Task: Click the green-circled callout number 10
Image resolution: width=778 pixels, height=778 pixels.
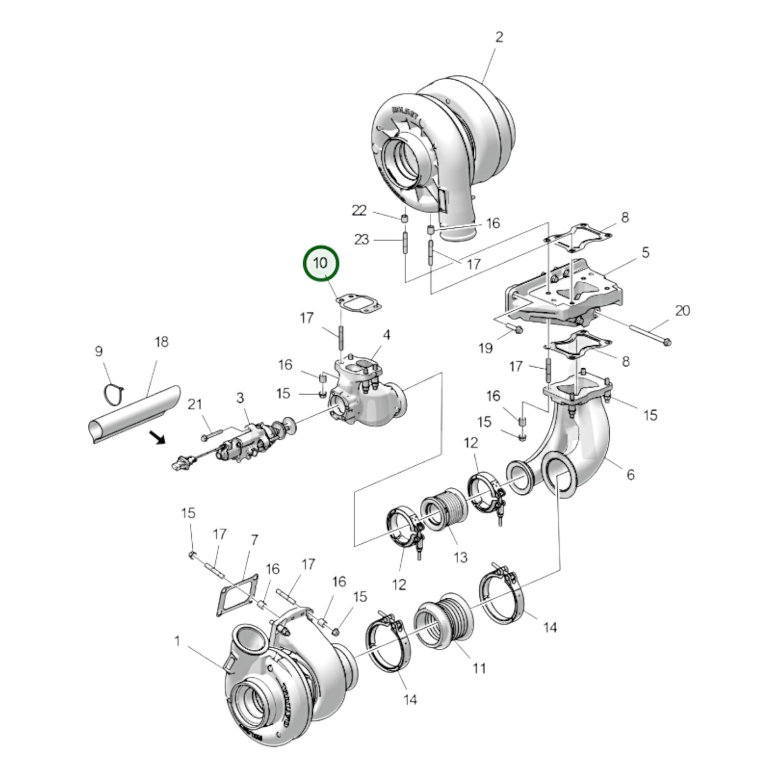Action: pyautogui.click(x=320, y=263)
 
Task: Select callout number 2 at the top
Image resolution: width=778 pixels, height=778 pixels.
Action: pyautogui.click(x=499, y=37)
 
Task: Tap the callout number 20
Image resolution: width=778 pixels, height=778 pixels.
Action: pyautogui.click(x=682, y=311)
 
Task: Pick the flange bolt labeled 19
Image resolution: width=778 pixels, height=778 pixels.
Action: pyautogui.click(x=513, y=328)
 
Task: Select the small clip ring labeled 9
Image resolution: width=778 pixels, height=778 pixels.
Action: pyautogui.click(x=114, y=394)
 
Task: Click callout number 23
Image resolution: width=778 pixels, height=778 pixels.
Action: pyautogui.click(x=361, y=239)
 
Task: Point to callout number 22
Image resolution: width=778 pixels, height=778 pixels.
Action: pyautogui.click(x=359, y=211)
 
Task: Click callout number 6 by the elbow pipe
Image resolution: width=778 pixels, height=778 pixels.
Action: pyautogui.click(x=630, y=474)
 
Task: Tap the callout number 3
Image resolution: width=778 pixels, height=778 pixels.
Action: pyautogui.click(x=240, y=398)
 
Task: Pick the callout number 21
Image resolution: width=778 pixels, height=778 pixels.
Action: pyautogui.click(x=194, y=404)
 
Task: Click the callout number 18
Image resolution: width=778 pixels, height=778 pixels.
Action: pyautogui.click(x=162, y=342)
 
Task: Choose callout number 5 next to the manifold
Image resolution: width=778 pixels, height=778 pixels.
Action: pyautogui.click(x=646, y=253)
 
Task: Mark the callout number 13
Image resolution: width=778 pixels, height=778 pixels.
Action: pyautogui.click(x=460, y=557)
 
